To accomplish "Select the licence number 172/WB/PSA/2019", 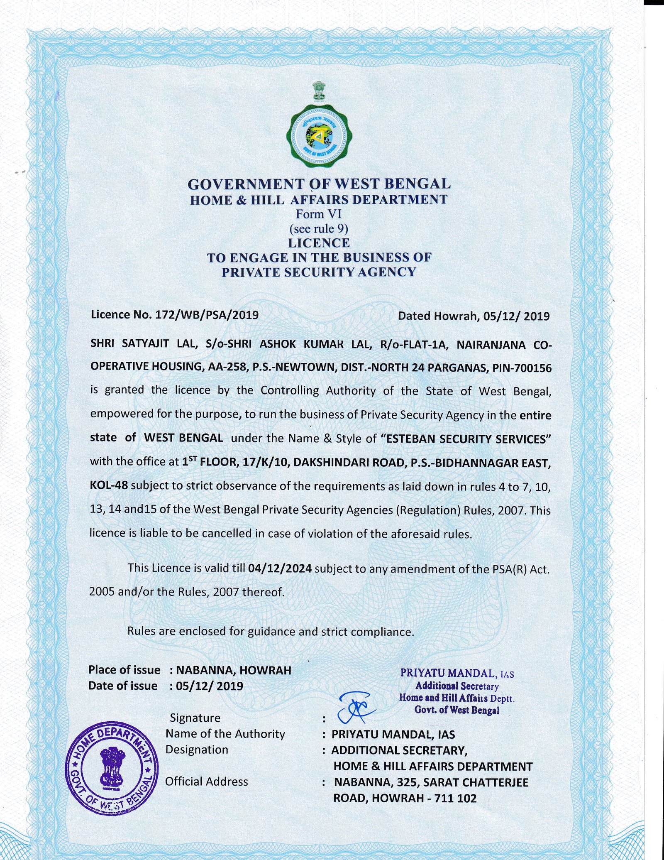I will [x=207, y=315].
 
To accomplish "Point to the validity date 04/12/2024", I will [x=279, y=568].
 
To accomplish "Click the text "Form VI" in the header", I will [x=318, y=214].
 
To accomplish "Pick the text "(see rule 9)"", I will [x=318, y=229].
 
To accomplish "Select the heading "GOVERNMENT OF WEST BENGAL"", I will [x=319, y=184].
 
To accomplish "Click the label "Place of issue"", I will [x=124, y=670].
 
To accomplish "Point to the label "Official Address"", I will [x=206, y=782].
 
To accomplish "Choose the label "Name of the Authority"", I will [x=225, y=734].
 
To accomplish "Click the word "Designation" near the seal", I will [x=197, y=750].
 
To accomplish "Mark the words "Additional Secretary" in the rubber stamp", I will [x=456, y=686].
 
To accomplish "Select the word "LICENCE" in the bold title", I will [x=319, y=243].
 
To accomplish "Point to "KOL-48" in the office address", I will [x=109, y=485].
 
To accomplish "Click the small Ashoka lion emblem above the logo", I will [x=319, y=91].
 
